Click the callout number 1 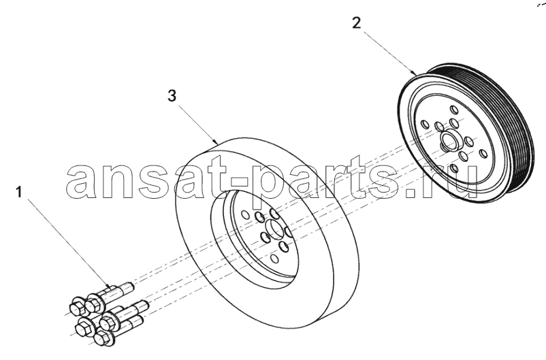click(19, 192)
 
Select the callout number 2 click(357, 23)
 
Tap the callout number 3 click(172, 95)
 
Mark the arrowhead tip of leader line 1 click(110, 288)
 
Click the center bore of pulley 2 click(449, 142)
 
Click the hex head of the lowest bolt click(101, 338)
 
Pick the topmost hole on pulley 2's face click(454, 110)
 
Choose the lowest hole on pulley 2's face click(453, 169)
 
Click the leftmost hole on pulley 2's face click(425, 125)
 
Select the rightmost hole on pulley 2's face click(483, 154)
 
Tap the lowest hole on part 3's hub click(275, 259)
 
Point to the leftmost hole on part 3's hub click(245, 214)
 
